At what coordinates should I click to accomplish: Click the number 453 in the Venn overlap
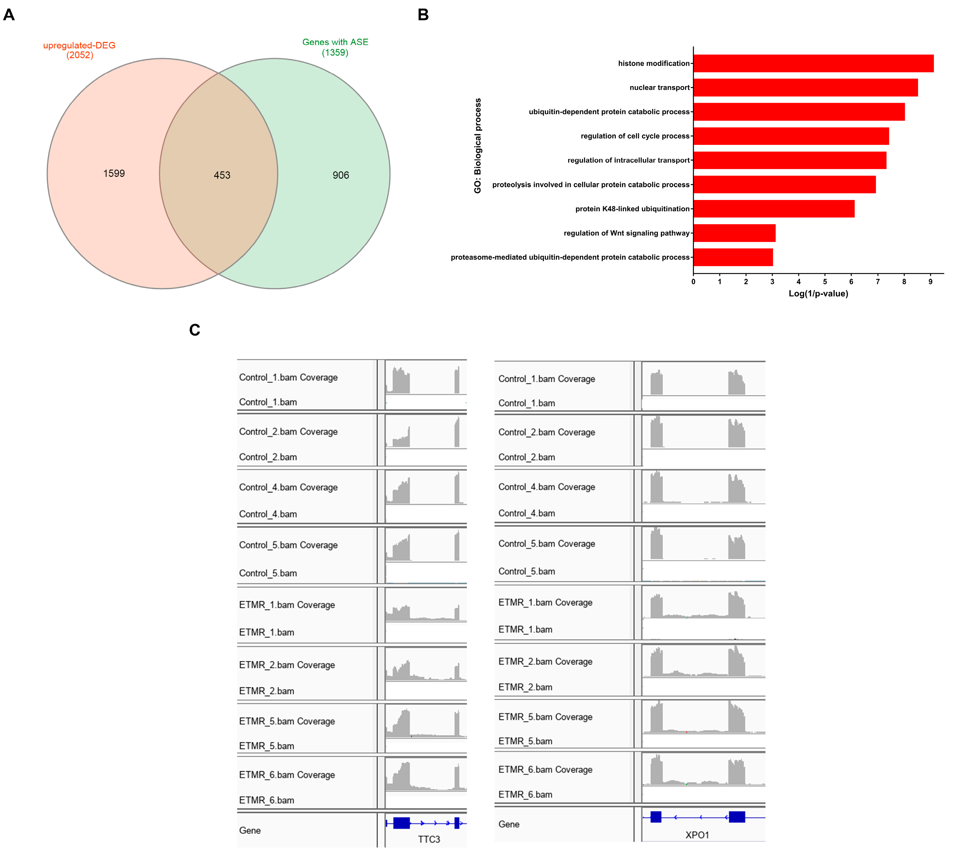[x=222, y=175]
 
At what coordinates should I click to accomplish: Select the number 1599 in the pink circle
[x=114, y=173]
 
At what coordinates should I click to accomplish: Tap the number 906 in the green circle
[x=341, y=175]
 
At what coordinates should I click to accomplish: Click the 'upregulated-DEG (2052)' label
[x=80, y=50]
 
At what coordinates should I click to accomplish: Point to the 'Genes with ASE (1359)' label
[x=335, y=47]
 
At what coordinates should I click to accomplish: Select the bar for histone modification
[x=813, y=63]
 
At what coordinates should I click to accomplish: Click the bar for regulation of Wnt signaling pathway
[x=734, y=233]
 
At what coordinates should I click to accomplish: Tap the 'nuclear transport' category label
[x=659, y=87]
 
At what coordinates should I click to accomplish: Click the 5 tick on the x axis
[x=825, y=282]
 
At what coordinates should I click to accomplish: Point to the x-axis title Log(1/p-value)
[x=818, y=294]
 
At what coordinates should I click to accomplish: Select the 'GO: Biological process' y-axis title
[x=477, y=146]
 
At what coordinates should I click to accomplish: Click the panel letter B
[x=423, y=15]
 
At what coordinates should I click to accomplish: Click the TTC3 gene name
[x=429, y=839]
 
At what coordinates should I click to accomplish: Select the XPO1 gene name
[x=697, y=835]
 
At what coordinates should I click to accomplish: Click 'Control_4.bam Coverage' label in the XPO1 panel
[x=546, y=487]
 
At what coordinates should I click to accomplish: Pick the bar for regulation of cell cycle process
[x=791, y=136]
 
